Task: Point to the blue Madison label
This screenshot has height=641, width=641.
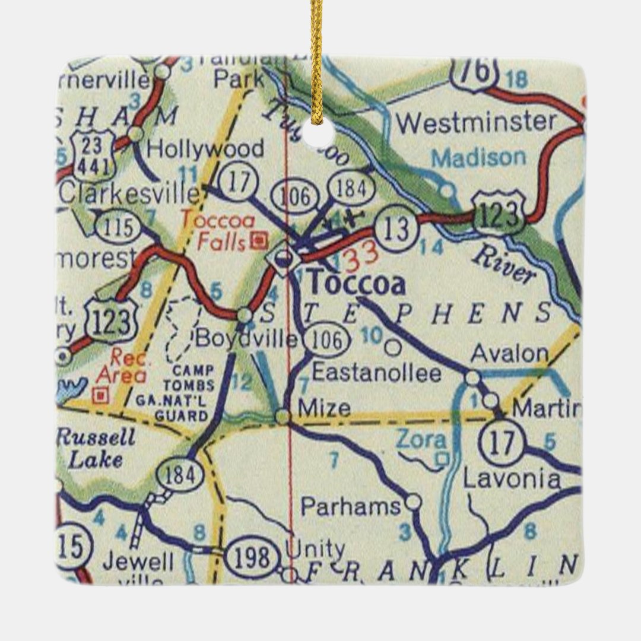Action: point(478,158)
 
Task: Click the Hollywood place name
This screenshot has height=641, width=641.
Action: point(205,149)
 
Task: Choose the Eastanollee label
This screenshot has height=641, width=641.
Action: point(376,373)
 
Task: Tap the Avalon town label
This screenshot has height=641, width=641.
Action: point(509,354)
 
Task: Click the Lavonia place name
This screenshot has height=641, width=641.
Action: point(511,479)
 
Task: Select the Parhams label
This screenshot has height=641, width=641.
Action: point(351,506)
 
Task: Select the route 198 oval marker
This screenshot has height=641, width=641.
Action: point(253,557)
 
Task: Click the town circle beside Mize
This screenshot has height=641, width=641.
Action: point(283,417)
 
